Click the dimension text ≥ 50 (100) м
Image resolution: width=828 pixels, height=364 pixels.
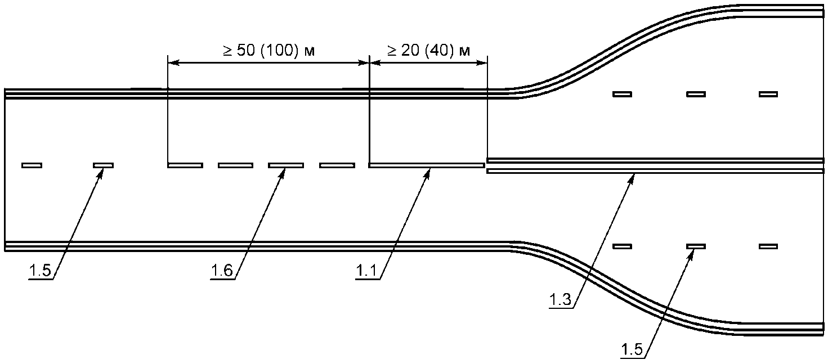point(268,50)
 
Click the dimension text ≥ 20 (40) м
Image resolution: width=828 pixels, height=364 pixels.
point(429,50)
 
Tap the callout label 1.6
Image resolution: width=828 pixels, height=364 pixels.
point(222,271)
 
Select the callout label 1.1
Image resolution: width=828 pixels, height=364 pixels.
point(366,271)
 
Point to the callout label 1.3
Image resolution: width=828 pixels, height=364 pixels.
point(561,299)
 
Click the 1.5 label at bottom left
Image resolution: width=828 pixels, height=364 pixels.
point(40,271)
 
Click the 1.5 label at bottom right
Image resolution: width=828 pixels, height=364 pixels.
point(632,349)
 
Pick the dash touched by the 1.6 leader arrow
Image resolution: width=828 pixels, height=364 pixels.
point(286,165)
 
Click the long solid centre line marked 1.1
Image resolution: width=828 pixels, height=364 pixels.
point(427,165)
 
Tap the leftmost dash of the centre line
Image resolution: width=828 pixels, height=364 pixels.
point(32,165)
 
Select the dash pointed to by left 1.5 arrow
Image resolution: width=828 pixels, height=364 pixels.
point(103,165)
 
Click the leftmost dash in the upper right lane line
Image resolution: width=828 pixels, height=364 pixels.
point(623,94)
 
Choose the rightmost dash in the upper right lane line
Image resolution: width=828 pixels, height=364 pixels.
point(768,94)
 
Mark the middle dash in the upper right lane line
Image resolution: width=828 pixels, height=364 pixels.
point(696,94)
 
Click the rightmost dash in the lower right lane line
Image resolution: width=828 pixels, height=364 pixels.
point(768,246)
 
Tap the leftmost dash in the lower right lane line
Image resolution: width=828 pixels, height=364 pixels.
point(623,246)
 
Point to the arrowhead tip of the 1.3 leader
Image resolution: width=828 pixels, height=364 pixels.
point(634,175)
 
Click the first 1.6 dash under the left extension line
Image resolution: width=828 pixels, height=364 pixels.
point(185,165)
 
